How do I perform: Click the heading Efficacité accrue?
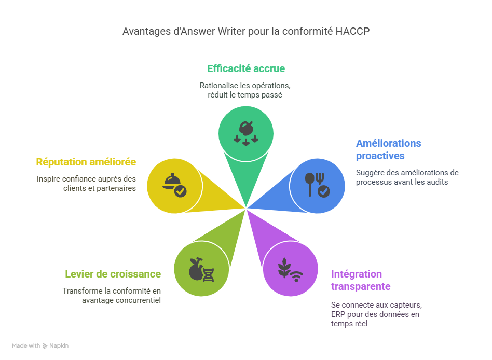tap(246, 68)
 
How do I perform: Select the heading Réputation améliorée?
tap(86, 162)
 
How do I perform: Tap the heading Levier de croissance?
tap(113, 274)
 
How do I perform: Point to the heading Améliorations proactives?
tap(388, 149)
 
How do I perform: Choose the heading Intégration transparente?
tap(360, 280)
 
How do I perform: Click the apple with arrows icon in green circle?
tap(245, 131)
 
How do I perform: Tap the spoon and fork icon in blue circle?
tap(317, 185)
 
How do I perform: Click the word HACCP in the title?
tap(352, 32)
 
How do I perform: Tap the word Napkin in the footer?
tap(59, 345)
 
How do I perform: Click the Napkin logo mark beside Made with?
tap(45, 345)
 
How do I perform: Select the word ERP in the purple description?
tap(338, 314)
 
